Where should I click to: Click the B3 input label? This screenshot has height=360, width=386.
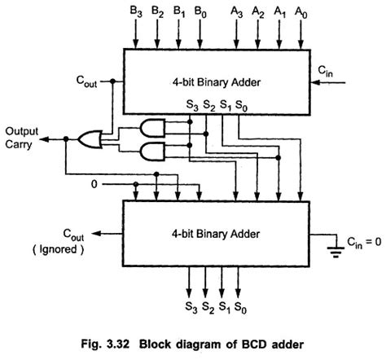(x=136, y=12)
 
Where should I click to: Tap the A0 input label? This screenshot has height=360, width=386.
(x=301, y=12)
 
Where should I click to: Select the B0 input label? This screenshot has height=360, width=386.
(x=200, y=12)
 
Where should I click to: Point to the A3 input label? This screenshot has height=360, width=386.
(x=236, y=12)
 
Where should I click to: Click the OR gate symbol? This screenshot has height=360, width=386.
(x=90, y=139)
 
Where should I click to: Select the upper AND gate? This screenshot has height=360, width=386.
(x=152, y=128)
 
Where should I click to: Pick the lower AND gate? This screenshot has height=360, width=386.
(x=152, y=151)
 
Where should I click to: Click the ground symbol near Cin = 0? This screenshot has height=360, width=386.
(x=336, y=252)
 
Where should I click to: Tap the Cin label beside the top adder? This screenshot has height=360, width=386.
(x=325, y=72)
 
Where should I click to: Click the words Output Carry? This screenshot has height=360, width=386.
(x=22, y=138)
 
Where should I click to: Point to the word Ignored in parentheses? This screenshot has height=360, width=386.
(x=59, y=249)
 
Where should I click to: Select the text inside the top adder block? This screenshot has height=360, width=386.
(x=217, y=82)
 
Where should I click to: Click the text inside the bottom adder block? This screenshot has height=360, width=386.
(x=216, y=234)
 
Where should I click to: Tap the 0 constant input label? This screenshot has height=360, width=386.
(x=94, y=184)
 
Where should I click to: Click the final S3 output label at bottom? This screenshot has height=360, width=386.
(x=191, y=308)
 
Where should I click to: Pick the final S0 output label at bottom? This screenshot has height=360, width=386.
(x=240, y=308)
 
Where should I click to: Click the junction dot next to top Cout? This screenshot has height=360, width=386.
(x=112, y=81)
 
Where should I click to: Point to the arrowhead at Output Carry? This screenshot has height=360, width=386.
(x=44, y=139)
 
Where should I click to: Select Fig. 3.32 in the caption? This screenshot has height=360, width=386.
(x=105, y=345)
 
